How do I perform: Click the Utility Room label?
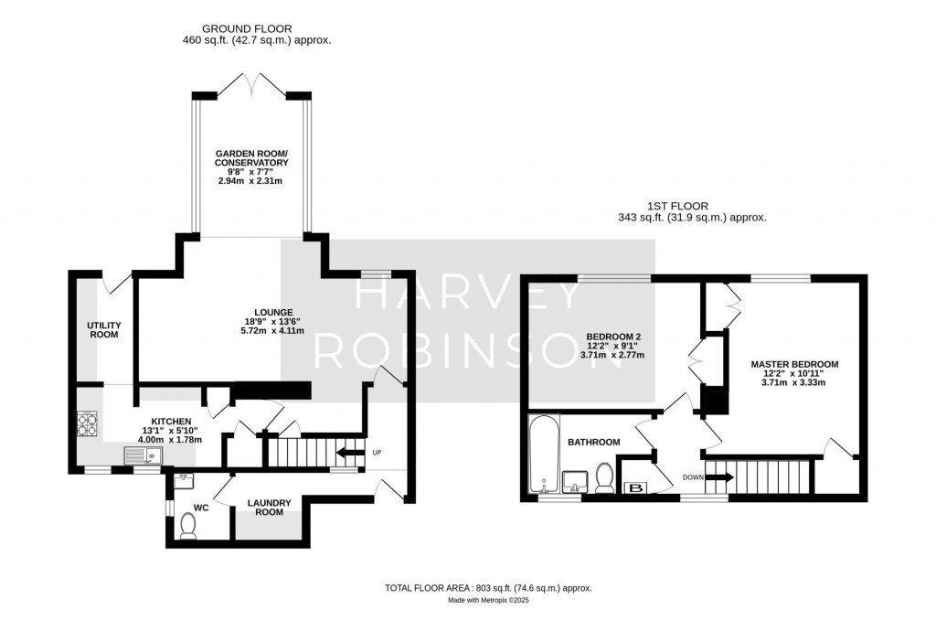coord(103,330)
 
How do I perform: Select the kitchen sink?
coord(142,455)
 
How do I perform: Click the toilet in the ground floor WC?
coord(188,525)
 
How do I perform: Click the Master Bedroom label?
coord(793,364)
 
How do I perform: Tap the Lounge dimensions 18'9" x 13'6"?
coord(273,321)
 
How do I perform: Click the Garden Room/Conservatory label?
coord(251,157)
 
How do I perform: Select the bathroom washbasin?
coord(575,480)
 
